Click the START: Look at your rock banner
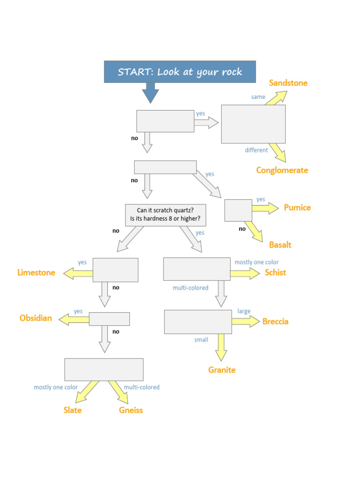[180, 72]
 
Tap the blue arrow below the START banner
[150, 92]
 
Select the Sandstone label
[288, 83]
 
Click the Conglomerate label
[282, 170]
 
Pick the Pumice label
[297, 207]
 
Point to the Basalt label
[280, 245]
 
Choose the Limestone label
[36, 272]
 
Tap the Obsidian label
[36, 318]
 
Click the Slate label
[73, 410]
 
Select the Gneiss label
[131, 410]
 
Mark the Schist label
[275, 272]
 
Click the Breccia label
[275, 321]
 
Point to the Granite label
[222, 370]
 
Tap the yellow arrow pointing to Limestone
[78, 273]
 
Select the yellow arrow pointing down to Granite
[222, 347]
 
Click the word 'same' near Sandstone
[258, 97]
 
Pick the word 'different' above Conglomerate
[256, 150]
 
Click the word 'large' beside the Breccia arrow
[244, 311]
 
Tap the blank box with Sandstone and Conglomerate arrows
[253, 124]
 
